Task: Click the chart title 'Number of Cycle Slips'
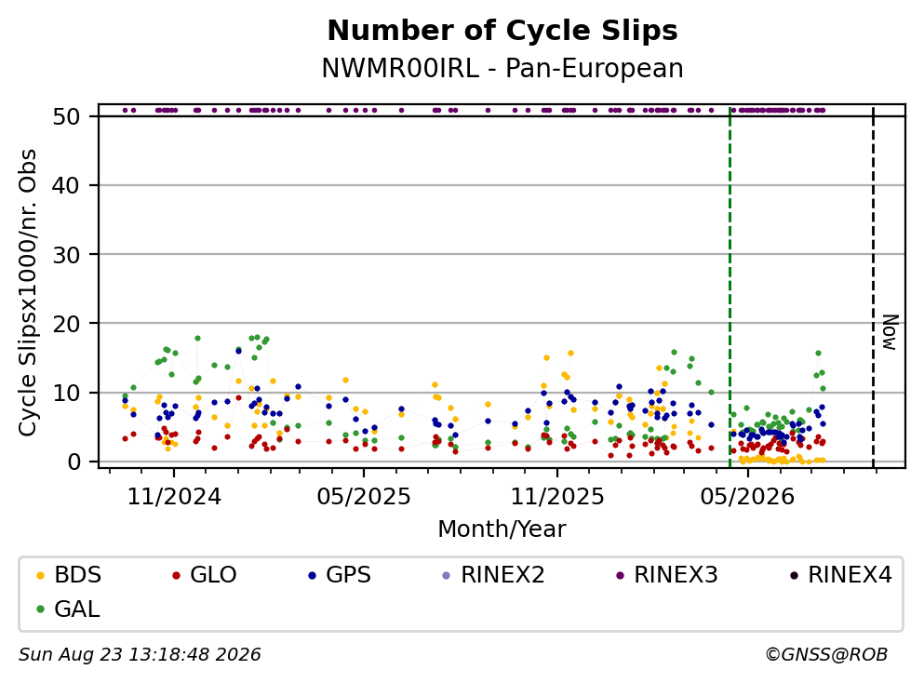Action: [x=502, y=31]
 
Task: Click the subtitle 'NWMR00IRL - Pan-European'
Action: [x=502, y=68]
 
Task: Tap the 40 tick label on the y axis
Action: [x=67, y=185]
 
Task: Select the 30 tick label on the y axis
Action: [x=67, y=255]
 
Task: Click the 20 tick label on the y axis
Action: [x=67, y=324]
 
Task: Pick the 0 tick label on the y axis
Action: [x=74, y=462]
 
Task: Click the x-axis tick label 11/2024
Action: [x=174, y=497]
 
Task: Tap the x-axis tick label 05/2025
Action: [x=364, y=497]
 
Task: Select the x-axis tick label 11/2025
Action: [x=556, y=497]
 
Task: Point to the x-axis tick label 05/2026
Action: [x=747, y=497]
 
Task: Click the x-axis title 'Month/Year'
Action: [x=502, y=529]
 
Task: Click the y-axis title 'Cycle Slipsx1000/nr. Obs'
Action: [x=28, y=292]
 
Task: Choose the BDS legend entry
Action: [x=69, y=574]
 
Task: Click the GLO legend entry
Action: [x=204, y=574]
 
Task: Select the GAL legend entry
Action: [x=68, y=609]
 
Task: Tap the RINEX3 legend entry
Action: [x=666, y=574]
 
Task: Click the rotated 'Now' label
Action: [x=890, y=332]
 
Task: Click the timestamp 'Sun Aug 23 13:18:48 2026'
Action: [x=140, y=655]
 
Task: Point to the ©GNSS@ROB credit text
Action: [x=826, y=655]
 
